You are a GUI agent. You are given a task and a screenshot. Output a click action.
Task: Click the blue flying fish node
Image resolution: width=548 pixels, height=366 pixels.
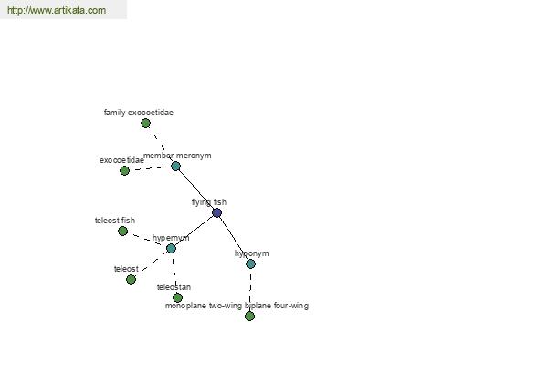point(216,212)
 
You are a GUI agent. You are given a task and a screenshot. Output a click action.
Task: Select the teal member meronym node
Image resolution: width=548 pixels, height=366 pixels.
point(175,167)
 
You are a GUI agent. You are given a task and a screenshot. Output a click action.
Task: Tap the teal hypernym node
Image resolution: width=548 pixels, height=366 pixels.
point(171,248)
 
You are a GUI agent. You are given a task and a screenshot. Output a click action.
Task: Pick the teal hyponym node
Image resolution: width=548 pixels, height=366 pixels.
point(250,264)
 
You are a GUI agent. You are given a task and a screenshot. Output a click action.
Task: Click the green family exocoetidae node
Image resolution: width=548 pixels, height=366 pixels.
point(146,123)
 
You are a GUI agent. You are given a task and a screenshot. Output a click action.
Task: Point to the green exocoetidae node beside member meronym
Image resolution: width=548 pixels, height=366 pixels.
point(124,170)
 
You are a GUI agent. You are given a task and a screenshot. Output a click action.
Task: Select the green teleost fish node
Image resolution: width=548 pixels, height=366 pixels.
point(122,231)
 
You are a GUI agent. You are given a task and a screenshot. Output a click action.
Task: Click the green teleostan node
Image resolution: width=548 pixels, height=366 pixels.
point(177,297)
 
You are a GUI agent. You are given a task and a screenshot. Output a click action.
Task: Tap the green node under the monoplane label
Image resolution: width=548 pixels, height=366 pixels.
point(249,316)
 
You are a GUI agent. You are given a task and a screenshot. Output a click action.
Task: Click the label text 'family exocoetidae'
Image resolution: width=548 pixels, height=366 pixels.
point(139,113)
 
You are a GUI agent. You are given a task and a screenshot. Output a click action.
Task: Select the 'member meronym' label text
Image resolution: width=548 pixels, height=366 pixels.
point(177,156)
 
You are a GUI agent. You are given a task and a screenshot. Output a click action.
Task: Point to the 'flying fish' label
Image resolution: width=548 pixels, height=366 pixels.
point(209,202)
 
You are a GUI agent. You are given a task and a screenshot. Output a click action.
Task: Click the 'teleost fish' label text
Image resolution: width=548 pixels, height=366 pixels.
point(115,221)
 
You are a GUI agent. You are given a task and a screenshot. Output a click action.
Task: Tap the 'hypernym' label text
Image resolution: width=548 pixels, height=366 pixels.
point(171,238)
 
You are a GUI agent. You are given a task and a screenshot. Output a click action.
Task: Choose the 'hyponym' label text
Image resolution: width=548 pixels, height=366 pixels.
point(252,253)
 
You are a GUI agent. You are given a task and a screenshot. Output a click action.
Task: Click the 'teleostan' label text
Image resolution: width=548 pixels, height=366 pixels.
point(174,287)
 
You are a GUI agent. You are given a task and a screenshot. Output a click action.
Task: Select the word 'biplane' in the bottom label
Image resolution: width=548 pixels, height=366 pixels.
point(258,306)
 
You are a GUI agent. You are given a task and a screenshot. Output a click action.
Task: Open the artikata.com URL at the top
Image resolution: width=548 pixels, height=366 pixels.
point(57,10)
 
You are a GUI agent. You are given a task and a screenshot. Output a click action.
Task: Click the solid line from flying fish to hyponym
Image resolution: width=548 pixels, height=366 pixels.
point(234,238)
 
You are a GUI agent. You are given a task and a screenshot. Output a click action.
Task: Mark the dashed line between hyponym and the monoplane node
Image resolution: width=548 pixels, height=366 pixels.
point(250,290)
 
